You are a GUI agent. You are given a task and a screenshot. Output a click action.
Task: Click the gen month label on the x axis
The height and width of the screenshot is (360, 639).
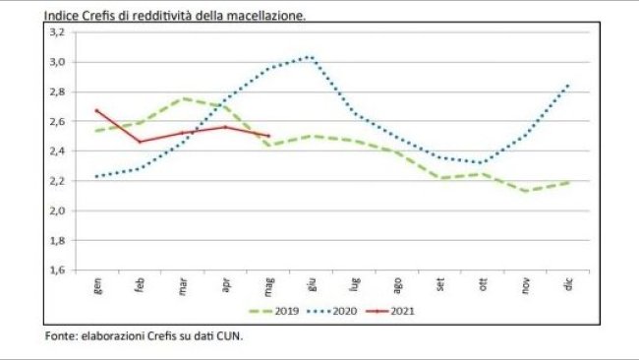click(x=96, y=285)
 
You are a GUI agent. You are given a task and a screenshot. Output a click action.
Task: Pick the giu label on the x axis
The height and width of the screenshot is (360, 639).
click(x=312, y=285)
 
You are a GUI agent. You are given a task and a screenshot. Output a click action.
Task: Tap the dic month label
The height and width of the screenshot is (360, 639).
click(x=570, y=285)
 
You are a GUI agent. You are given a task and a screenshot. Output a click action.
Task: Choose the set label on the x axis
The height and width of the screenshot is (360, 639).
click(x=441, y=285)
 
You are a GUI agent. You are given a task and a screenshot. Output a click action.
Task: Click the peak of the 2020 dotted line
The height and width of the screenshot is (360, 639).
click(x=311, y=56)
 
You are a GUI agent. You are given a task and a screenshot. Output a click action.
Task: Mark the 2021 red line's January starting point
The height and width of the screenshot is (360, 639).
click(x=96, y=110)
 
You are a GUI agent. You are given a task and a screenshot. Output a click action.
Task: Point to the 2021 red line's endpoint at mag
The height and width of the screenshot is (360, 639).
click(x=268, y=136)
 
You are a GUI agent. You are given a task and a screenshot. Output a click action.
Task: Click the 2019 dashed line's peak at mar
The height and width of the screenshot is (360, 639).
click(x=183, y=98)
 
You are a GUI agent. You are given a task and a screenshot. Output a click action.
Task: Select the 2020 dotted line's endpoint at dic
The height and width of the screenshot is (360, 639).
click(x=570, y=84)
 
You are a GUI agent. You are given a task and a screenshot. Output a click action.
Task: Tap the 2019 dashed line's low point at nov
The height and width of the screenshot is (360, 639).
click(x=527, y=191)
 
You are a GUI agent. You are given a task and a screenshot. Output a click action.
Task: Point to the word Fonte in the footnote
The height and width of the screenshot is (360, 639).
click(x=61, y=336)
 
